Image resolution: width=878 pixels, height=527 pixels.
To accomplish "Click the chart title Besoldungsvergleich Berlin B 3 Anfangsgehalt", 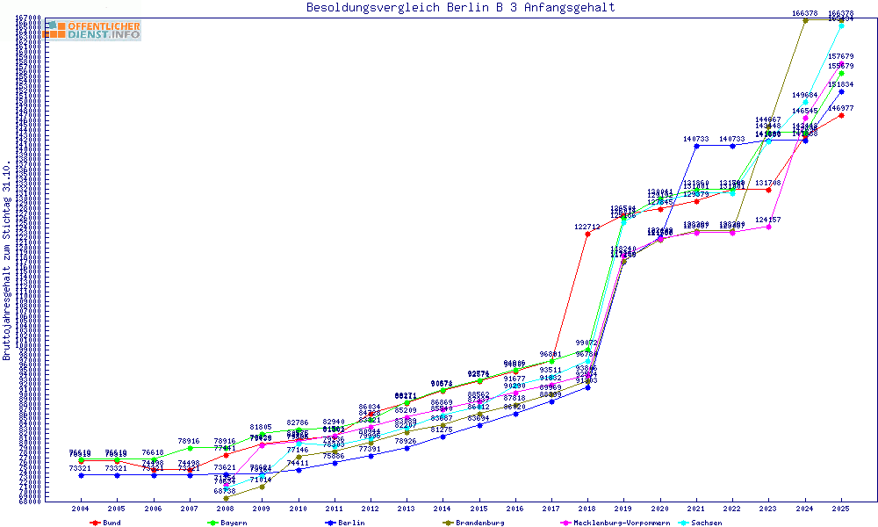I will pyautogui.click(x=460, y=8).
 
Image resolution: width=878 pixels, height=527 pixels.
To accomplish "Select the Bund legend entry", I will pyautogui.click(x=106, y=523).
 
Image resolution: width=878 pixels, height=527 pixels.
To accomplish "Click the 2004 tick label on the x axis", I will pyautogui.click(x=81, y=509).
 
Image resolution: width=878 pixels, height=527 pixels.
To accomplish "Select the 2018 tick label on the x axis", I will pyautogui.click(x=588, y=509).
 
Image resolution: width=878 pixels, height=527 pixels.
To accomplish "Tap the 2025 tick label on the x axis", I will pyautogui.click(x=841, y=509).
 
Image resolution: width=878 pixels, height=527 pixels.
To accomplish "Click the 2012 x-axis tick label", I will pyautogui.click(x=371, y=509).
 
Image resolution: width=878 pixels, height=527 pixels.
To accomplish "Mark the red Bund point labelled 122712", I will pyautogui.click(x=587, y=233).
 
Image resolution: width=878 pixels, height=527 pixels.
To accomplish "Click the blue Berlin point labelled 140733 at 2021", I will pyautogui.click(x=696, y=146).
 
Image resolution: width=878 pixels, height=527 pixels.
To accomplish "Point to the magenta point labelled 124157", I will pyautogui.click(x=768, y=227).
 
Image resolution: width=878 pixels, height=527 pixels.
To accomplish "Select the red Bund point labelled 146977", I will pyautogui.click(x=841, y=115).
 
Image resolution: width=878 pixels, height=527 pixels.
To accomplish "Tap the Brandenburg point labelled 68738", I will pyautogui.click(x=226, y=498).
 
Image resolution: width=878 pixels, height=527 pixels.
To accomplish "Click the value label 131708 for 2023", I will pyautogui.click(x=768, y=183).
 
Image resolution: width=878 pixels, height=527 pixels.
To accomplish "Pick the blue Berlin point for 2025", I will pyautogui.click(x=841, y=91).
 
